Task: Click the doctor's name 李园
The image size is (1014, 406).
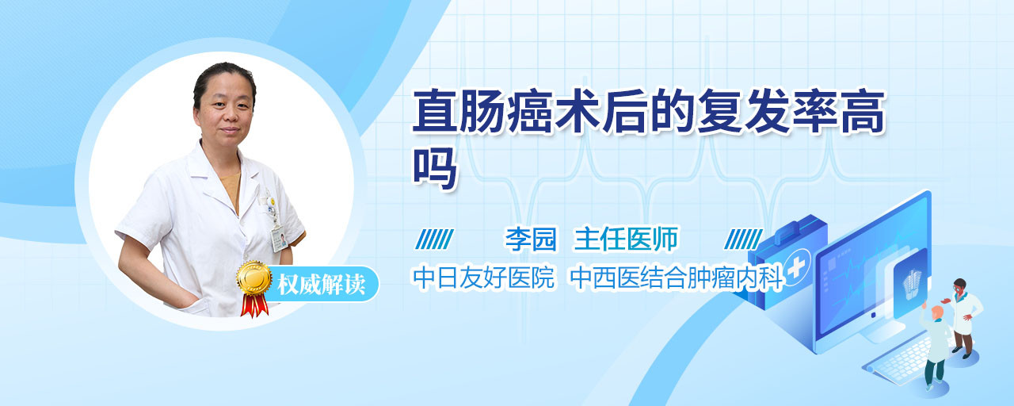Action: [x=531, y=239]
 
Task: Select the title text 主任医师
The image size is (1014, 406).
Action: [x=626, y=239]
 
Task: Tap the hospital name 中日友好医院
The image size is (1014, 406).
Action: [x=483, y=277]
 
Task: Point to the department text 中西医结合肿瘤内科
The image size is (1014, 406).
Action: [x=677, y=277]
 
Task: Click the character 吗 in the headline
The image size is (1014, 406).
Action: [x=433, y=168]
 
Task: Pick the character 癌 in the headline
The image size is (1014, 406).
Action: [x=530, y=112]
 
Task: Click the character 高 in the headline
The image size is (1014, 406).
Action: [x=862, y=112]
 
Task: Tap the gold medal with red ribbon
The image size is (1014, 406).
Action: [x=254, y=288]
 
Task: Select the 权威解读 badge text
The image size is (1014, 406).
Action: [x=321, y=285]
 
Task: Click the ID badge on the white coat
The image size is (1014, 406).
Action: [x=279, y=238]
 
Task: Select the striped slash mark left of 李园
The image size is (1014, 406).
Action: [x=434, y=239]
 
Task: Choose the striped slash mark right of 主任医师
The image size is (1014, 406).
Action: [x=743, y=239]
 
